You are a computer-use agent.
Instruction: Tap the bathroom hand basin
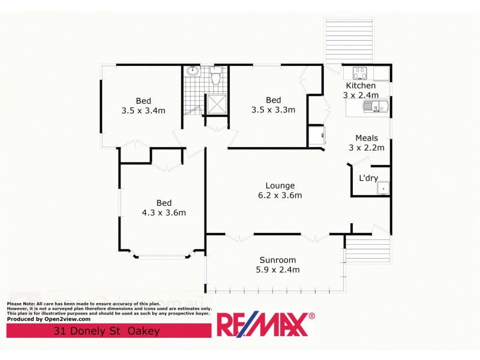point(193,72)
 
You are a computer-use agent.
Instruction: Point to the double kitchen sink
point(375,107)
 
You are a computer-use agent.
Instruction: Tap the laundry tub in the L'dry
point(383,189)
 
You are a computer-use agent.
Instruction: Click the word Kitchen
point(360,86)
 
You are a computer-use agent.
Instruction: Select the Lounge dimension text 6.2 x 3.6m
point(280,195)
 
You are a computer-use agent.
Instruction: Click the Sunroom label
point(278,260)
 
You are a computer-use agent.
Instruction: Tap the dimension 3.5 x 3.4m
point(143,110)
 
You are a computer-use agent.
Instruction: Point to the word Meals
point(367,138)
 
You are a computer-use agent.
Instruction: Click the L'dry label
point(368,178)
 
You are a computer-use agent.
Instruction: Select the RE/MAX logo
point(265,325)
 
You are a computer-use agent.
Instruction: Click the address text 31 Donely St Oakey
point(107,331)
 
